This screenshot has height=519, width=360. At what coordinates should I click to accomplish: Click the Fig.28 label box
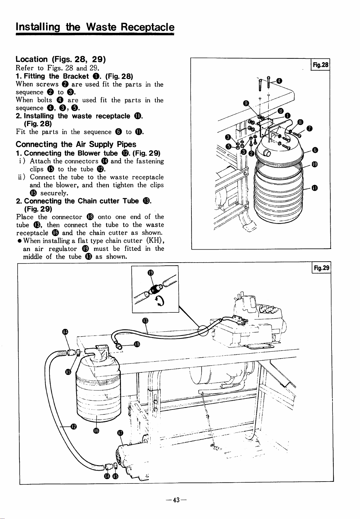(x=322, y=65)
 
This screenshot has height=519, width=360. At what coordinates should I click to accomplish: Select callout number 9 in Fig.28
(x=246, y=103)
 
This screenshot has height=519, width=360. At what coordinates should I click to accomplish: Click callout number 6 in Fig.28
(x=315, y=150)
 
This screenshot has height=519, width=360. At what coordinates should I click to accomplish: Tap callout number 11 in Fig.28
(x=315, y=187)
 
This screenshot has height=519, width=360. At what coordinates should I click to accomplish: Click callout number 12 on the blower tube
(x=73, y=427)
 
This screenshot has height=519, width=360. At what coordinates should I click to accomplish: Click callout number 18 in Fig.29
(x=137, y=344)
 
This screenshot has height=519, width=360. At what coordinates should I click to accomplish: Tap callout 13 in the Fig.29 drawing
(x=145, y=320)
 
